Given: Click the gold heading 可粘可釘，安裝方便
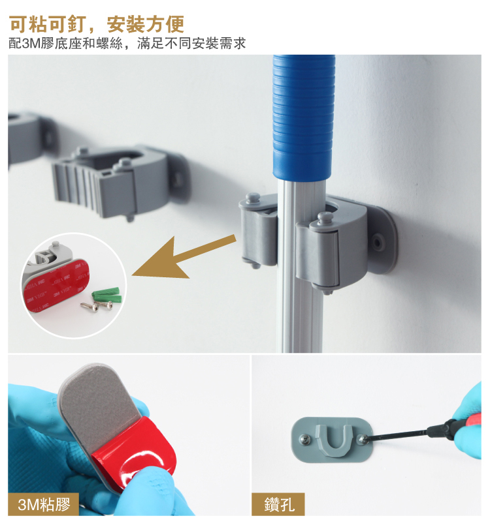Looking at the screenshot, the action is coord(97,23).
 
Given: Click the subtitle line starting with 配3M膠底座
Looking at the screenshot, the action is coord(127,43).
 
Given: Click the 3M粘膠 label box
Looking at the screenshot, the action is coord(43,504).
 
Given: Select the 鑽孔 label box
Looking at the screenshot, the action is coord(278,504).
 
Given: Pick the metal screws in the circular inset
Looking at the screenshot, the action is coord(96,306).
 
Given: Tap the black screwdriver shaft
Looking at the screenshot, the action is coord(400,432).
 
